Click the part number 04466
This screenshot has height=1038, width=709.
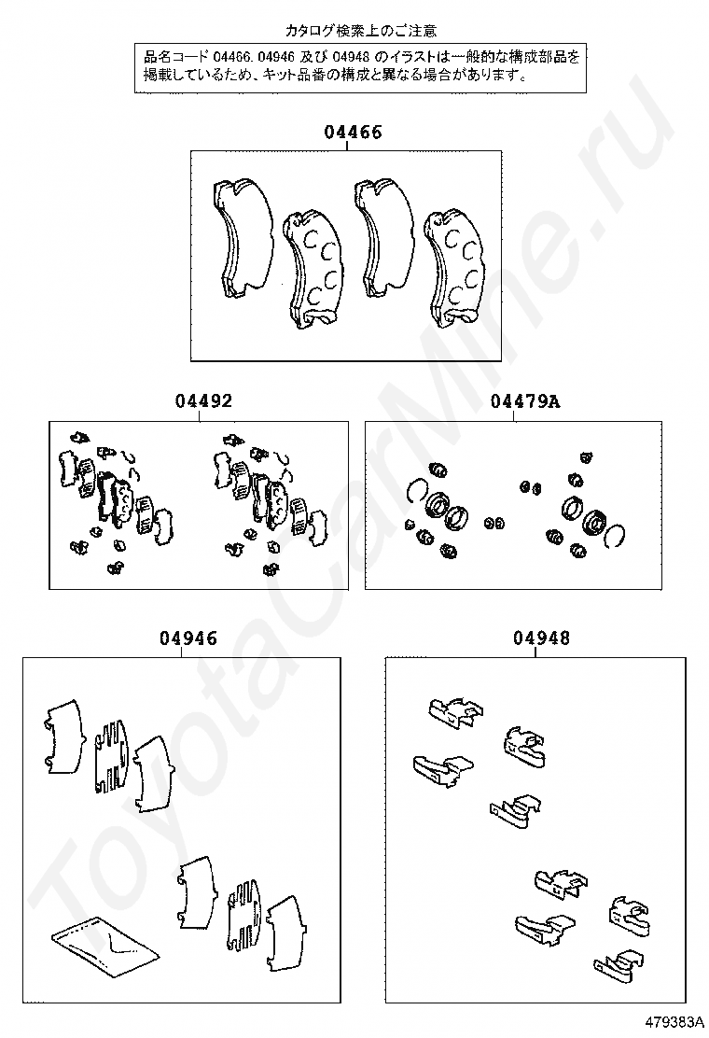[x=353, y=133]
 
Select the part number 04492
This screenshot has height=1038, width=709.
[x=202, y=401]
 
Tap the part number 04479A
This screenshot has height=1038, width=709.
[x=524, y=401]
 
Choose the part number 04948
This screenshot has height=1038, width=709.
[x=540, y=638]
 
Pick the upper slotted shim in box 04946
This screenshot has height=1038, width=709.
[x=112, y=754]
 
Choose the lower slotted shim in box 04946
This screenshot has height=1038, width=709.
[x=246, y=907]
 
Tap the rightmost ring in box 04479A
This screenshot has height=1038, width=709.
[x=612, y=536]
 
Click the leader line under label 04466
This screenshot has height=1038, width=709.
[x=353, y=147]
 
